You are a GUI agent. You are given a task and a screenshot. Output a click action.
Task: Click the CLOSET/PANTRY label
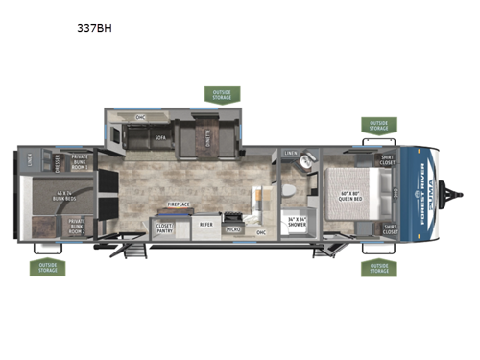pos(164,228)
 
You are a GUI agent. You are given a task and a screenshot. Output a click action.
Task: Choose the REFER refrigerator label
pos(205,225)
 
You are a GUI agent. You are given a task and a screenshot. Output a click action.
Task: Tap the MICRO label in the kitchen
pos(231,230)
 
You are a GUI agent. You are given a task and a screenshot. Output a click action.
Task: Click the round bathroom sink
pos(306,163)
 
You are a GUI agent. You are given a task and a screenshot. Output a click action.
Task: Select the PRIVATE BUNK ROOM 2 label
pos(76,228)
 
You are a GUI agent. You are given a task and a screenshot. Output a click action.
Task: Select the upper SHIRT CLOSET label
pos(389,161)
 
